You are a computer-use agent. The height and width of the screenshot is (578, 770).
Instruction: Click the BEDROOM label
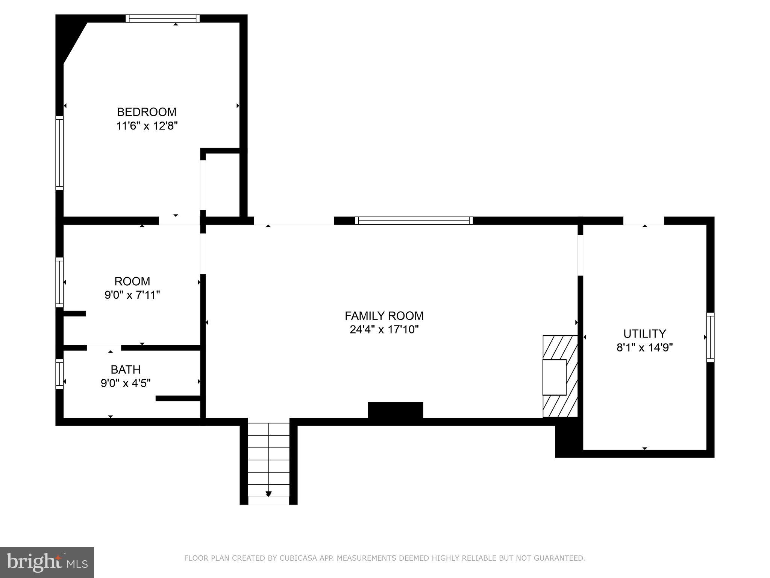(x=147, y=112)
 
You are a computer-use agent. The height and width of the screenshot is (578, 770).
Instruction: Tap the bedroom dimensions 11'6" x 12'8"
(x=147, y=126)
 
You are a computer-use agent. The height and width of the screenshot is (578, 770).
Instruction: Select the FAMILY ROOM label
(x=384, y=315)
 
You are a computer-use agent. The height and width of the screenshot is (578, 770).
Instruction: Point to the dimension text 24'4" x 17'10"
(x=384, y=330)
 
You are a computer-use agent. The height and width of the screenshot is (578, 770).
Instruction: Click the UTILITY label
(x=644, y=334)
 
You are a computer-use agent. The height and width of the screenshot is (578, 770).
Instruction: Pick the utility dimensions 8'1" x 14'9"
(x=644, y=347)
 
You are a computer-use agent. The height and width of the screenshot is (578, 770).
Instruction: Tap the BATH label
(x=126, y=369)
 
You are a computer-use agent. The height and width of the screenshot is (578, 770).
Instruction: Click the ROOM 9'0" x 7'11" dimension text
(x=132, y=295)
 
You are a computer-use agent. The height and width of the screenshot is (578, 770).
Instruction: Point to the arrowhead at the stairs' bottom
(x=268, y=494)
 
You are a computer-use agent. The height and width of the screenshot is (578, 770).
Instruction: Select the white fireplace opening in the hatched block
(x=554, y=377)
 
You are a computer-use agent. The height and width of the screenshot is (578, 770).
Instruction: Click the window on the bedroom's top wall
(x=162, y=18)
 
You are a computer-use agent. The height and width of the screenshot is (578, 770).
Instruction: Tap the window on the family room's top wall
(x=414, y=221)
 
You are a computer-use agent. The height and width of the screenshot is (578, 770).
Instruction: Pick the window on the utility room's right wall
(x=710, y=337)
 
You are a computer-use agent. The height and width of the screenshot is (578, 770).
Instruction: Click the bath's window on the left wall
(x=59, y=374)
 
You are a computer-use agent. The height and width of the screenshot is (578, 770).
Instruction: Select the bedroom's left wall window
(x=59, y=153)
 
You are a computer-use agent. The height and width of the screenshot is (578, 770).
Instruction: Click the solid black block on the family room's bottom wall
(x=395, y=410)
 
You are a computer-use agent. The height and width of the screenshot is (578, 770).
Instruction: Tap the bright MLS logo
(x=47, y=562)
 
